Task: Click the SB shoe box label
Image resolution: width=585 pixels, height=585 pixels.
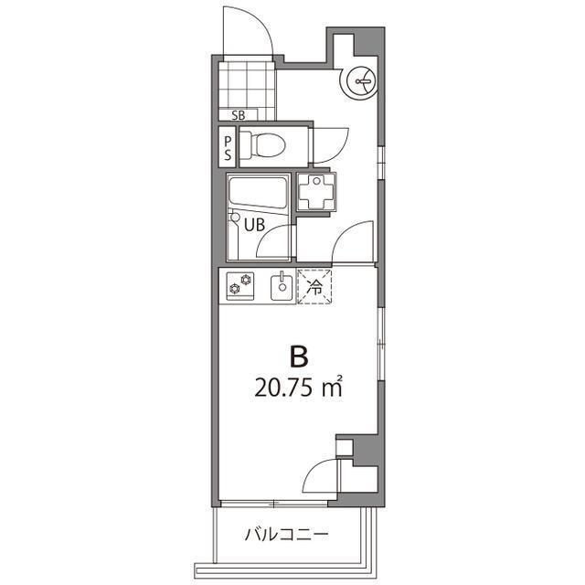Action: pos(239,115)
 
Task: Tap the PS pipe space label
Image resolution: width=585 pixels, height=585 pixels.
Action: pos(229,148)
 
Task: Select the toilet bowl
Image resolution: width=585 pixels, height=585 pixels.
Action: pos(266,145)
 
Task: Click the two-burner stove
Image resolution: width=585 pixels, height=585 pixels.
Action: pos(240,286)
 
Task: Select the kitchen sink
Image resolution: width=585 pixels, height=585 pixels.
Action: pos(282,287)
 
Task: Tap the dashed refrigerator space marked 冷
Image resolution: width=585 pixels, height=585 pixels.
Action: pos(315,287)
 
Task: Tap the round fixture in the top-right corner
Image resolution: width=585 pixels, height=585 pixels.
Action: pos(359,83)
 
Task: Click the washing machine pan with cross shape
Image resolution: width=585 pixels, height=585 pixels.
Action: pos(318,192)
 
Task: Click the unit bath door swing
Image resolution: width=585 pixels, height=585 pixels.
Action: pos(274,241)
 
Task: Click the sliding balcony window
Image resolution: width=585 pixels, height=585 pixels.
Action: pos(274,504)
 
